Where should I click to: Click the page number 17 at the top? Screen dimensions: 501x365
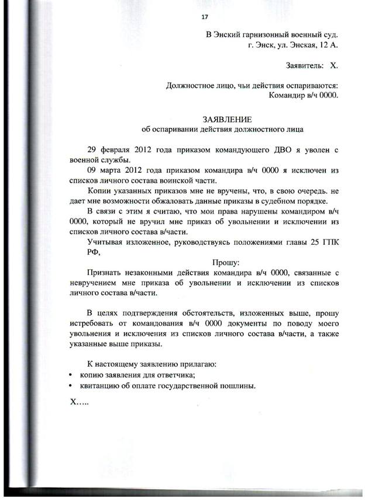point(204,16)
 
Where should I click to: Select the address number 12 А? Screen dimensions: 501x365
point(328,44)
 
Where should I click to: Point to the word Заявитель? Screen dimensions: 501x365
point(305,66)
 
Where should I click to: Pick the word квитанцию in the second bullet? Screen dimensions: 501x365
point(101,386)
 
